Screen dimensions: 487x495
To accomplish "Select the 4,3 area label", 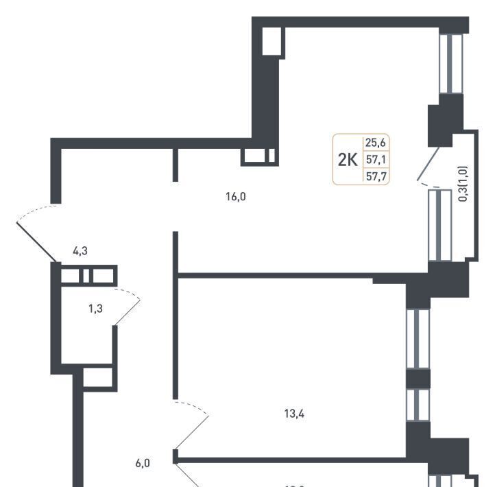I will coord(80,251).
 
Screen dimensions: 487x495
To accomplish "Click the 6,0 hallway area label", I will coord(142,463).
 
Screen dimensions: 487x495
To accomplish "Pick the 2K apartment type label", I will coord(348,161).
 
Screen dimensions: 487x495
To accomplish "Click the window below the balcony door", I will coord(439,225).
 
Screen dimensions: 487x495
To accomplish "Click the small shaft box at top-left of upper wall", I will coord(272,41).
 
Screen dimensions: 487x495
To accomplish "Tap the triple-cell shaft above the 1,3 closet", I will coord(88,276).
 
